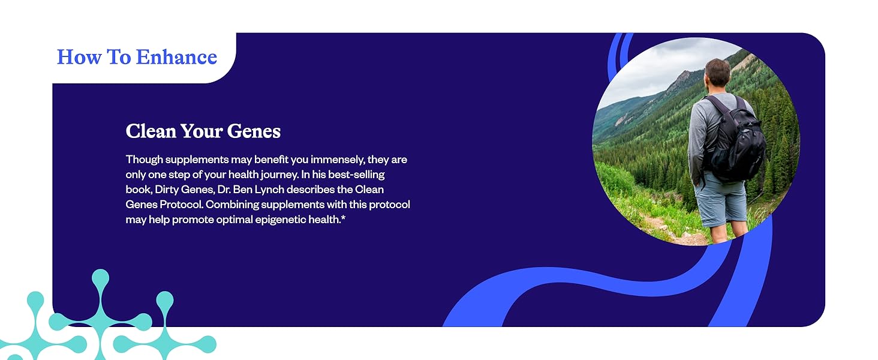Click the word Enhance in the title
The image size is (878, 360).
click(x=176, y=57)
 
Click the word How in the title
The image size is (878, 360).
click(x=79, y=57)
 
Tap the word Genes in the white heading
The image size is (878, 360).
click(x=254, y=131)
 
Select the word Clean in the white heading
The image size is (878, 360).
click(x=151, y=131)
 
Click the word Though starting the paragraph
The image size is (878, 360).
click(x=145, y=160)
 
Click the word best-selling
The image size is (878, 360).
click(x=356, y=175)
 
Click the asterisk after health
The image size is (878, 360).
click(x=343, y=218)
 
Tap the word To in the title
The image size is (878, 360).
click(x=118, y=57)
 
